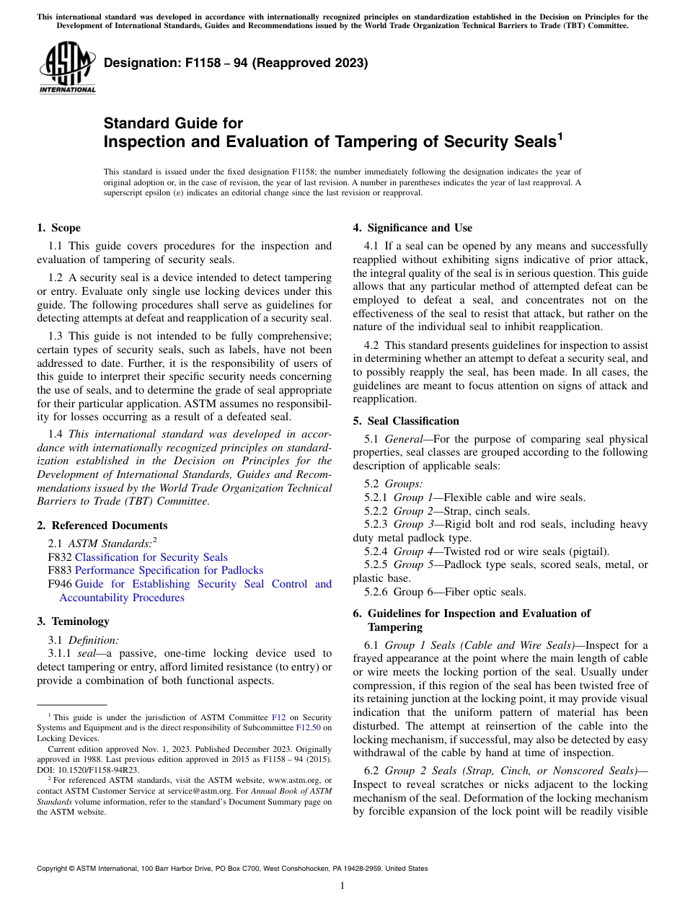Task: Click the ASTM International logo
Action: [x=66, y=68]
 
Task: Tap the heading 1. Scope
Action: [x=58, y=228]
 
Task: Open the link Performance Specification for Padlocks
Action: [x=169, y=570]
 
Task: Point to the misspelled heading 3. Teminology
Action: [x=73, y=621]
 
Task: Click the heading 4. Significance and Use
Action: [x=412, y=228]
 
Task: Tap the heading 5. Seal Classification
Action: [x=405, y=421]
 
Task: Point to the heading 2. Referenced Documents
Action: [x=102, y=526]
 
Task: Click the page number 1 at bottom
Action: [x=342, y=886]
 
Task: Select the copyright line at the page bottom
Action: [x=232, y=869]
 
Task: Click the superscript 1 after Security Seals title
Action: [x=559, y=135]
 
